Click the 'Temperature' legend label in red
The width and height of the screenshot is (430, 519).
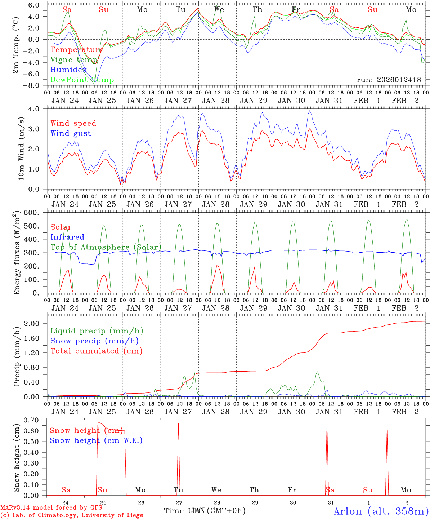click(77, 50)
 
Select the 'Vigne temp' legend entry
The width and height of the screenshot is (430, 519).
click(74, 60)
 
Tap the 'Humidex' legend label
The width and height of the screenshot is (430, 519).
click(68, 70)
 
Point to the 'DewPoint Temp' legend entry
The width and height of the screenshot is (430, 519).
click(82, 80)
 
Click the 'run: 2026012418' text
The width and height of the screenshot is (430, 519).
click(389, 80)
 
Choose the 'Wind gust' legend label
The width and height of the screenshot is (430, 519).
click(71, 133)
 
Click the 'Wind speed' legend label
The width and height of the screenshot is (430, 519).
click(73, 123)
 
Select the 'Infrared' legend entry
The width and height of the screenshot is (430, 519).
click(67, 237)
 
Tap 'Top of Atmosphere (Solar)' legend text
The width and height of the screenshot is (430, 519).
click(106, 247)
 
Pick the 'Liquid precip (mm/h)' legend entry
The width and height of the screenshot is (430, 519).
click(97, 331)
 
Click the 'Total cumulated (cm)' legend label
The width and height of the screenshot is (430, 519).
click(97, 351)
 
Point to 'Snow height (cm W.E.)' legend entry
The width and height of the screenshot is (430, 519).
click(96, 440)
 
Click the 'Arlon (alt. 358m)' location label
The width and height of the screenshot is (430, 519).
click(381, 511)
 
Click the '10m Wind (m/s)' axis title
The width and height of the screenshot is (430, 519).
click(21, 148)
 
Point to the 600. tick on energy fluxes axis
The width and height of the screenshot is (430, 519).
click(36, 213)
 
